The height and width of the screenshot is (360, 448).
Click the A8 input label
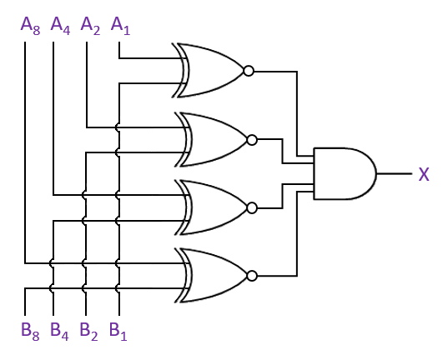(30, 26)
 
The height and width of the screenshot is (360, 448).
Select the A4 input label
(60, 26)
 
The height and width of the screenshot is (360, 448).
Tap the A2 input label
(91, 26)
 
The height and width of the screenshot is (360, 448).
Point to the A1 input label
(120, 26)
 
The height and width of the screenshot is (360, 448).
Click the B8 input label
(30, 332)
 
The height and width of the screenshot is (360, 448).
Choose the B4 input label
(59, 332)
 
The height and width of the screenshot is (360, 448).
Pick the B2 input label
(89, 332)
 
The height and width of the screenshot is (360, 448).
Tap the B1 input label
(118, 332)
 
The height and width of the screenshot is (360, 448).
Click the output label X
(424, 174)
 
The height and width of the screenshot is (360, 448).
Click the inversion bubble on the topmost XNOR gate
(249, 71)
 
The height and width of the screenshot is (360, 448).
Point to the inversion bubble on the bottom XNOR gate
(252, 276)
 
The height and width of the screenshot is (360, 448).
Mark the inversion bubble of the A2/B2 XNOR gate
(252, 140)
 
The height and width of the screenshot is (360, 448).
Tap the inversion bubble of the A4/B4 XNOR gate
(252, 208)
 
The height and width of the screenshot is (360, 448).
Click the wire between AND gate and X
(395, 173)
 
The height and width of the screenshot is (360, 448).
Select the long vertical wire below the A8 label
(25, 152)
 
